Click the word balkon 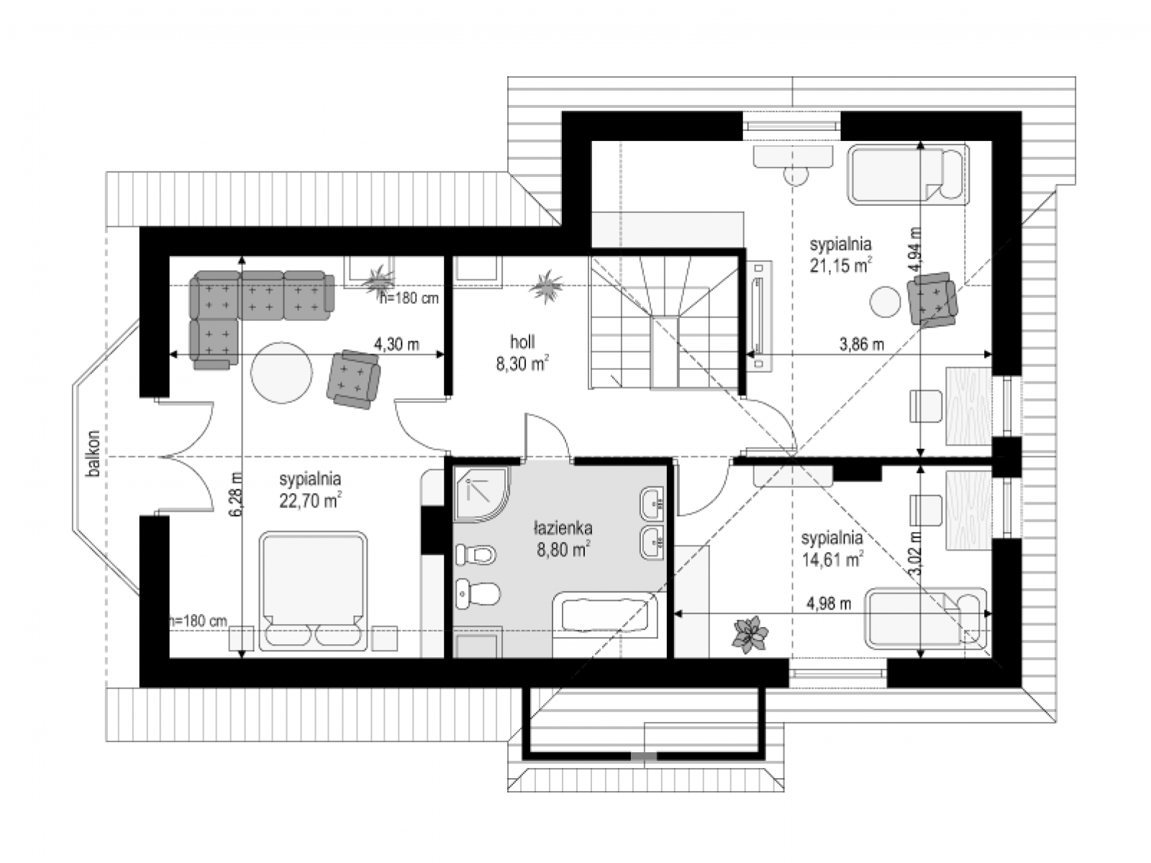[x=94, y=453]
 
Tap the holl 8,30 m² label [x=522, y=353]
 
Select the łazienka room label [x=563, y=528]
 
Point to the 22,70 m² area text [x=310, y=500]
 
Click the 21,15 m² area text [x=840, y=265]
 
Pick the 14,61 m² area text [x=832, y=559]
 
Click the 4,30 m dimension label [x=396, y=344]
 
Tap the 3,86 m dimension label [x=862, y=344]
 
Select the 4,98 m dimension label [x=829, y=604]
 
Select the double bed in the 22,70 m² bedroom [x=313, y=591]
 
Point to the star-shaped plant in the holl [x=547, y=286]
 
